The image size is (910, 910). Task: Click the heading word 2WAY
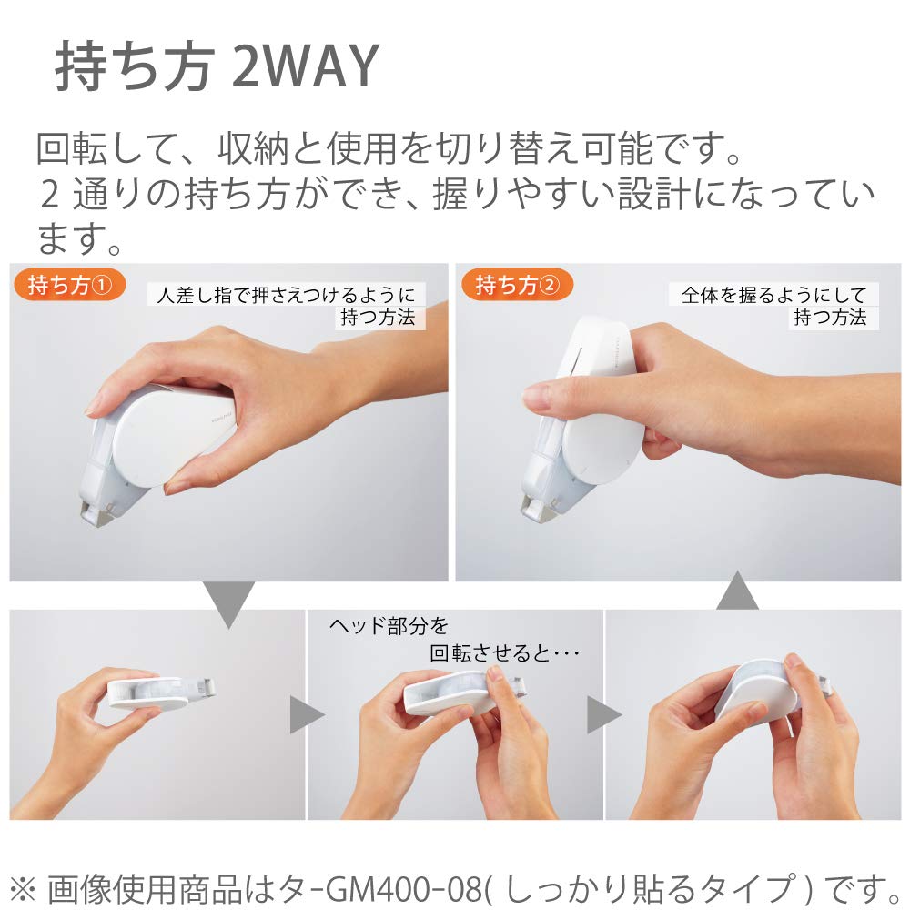[x=306, y=66]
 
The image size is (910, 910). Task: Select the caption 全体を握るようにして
[x=773, y=294]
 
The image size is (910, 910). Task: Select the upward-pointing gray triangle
[x=737, y=593]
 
